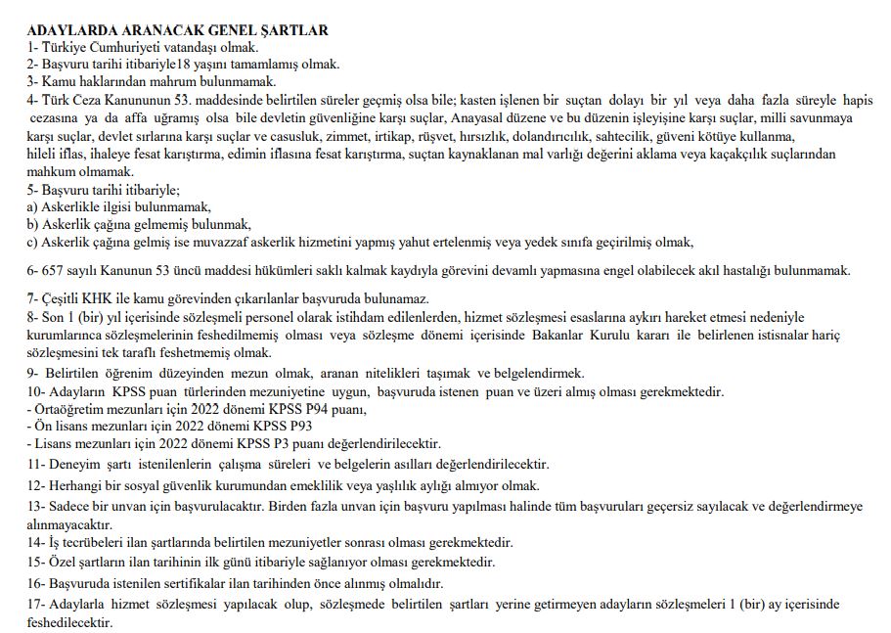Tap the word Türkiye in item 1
click(66, 47)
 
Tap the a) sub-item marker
click(34, 206)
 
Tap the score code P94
click(310, 408)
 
